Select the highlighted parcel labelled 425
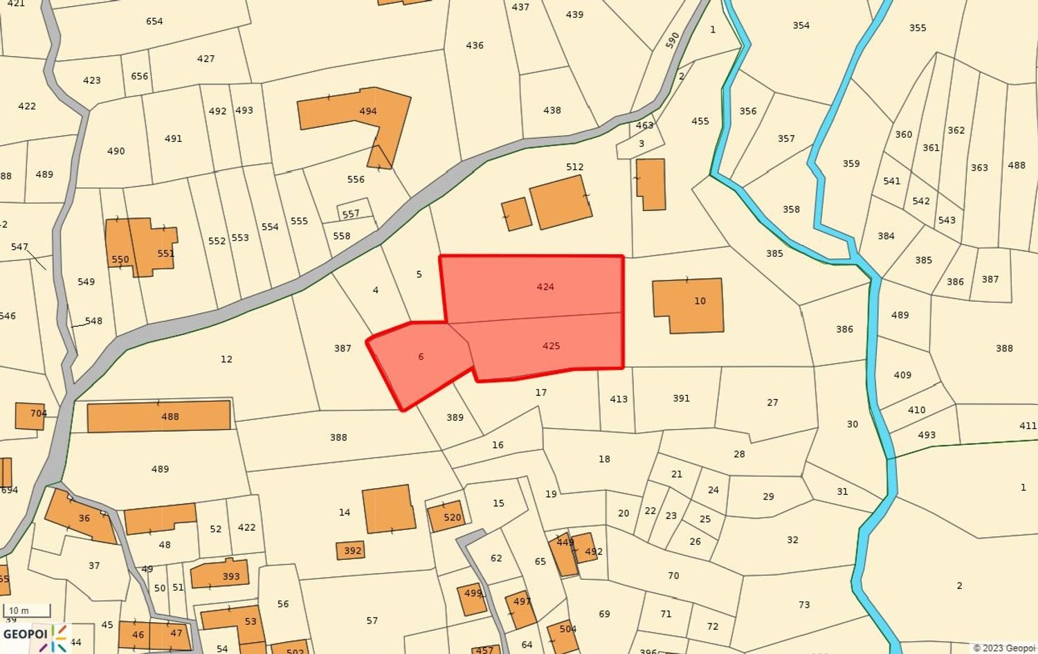pos(551,345)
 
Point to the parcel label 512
pos(574,167)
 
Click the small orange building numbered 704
pos(30,415)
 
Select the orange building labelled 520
pos(446,516)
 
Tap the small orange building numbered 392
pos(351,551)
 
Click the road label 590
pos(672,40)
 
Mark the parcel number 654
pos(154,21)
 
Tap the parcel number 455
pos(700,121)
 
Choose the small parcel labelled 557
pos(351,214)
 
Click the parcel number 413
pos(619,399)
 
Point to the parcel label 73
pos(804,605)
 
